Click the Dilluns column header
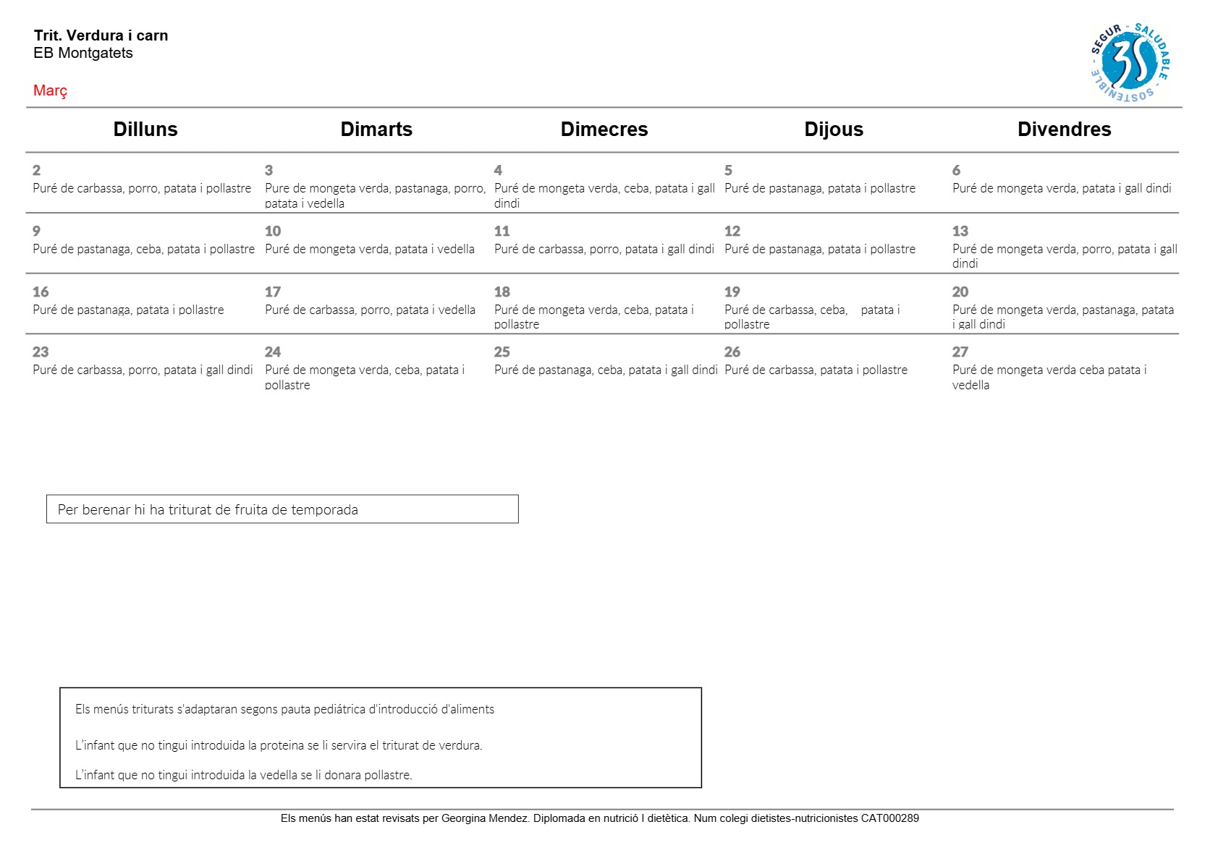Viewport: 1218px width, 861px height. point(145,130)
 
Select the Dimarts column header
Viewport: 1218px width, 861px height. point(376,130)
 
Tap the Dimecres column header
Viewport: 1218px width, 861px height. point(604,130)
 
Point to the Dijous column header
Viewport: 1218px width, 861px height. point(834,130)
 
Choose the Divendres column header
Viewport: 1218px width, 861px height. point(1064,130)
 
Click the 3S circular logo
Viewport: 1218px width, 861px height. point(1130,62)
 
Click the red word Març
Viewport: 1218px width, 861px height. point(51,90)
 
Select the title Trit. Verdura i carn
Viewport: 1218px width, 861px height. point(101,35)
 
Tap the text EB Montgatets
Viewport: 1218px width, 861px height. point(83,53)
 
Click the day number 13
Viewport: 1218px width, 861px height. point(960,232)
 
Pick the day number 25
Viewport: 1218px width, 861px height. point(502,352)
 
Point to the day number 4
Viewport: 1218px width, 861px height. point(498,171)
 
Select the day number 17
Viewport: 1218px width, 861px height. point(273,292)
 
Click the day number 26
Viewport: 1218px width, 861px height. point(732,352)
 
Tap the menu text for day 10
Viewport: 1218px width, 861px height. point(370,250)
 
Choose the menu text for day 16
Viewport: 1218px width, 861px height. point(128,310)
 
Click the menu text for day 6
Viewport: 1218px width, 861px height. point(1062,189)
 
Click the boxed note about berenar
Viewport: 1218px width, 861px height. point(282,509)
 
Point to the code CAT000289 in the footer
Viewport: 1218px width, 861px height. point(889,818)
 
